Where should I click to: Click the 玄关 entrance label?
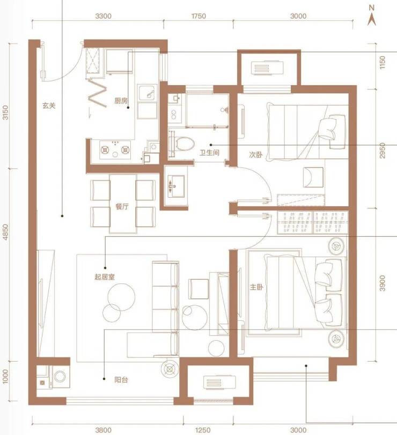(x=49, y=106)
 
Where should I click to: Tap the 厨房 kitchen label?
(x=121, y=100)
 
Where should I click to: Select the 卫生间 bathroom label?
(x=209, y=152)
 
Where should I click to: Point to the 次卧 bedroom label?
(x=255, y=154)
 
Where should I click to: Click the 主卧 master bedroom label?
(x=256, y=287)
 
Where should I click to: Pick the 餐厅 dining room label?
(x=122, y=206)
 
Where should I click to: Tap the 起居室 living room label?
(x=105, y=277)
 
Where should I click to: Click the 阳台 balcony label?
(x=121, y=379)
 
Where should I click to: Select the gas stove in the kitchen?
(x=115, y=150)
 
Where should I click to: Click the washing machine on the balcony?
(x=60, y=377)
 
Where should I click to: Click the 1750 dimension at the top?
(x=198, y=16)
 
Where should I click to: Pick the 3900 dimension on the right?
(x=383, y=283)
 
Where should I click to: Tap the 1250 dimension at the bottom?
(x=203, y=430)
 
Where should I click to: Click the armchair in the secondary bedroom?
(x=313, y=177)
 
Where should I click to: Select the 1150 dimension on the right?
(x=383, y=63)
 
